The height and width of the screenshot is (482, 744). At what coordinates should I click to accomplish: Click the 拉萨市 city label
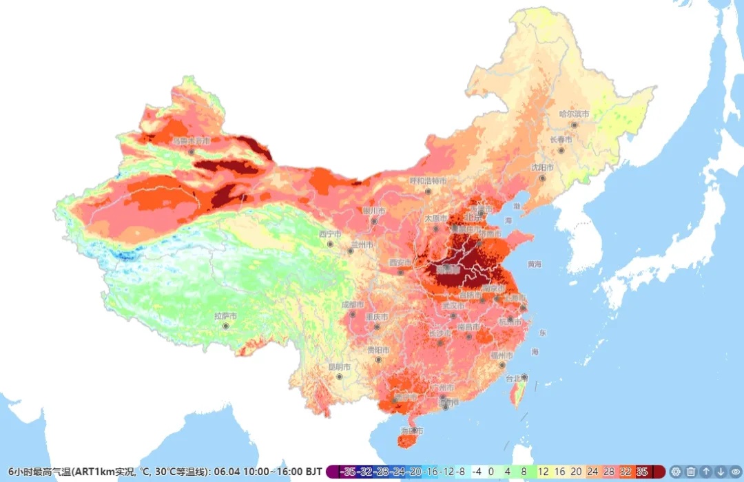(x=225, y=316)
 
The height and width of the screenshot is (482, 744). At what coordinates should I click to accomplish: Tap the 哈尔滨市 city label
(x=574, y=114)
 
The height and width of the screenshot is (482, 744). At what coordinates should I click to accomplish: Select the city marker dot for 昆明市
(x=339, y=377)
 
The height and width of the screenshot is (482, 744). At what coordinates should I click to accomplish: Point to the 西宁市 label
(x=330, y=234)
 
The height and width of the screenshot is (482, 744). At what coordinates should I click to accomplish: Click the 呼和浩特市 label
(x=428, y=180)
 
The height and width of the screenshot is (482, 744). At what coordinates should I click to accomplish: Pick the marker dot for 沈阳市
(x=543, y=178)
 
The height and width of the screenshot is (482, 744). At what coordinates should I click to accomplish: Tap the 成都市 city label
(x=353, y=304)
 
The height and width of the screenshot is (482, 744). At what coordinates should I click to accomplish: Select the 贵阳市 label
(x=378, y=350)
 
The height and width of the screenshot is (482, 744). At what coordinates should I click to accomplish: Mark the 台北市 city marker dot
(x=524, y=377)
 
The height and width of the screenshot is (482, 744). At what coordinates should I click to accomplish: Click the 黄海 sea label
(x=535, y=264)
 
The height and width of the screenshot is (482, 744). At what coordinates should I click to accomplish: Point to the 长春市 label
(x=561, y=140)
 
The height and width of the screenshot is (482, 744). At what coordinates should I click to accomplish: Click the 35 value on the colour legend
(x=642, y=472)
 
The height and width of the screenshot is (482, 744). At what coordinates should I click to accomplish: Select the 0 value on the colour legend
(x=491, y=472)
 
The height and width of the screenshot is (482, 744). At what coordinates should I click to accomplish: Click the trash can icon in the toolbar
(x=691, y=472)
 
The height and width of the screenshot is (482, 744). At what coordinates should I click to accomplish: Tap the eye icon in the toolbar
(x=734, y=472)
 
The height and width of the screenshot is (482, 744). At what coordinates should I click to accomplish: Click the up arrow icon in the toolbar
(x=706, y=472)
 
